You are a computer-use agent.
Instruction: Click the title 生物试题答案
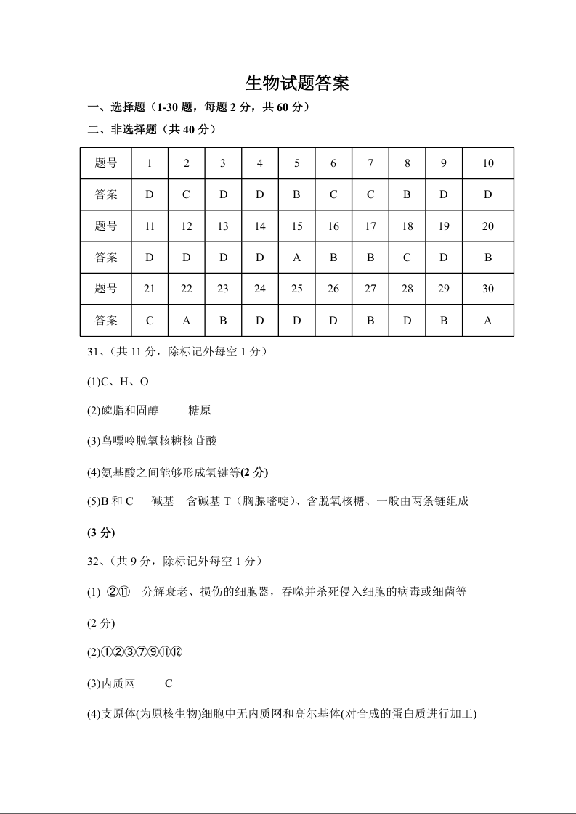298,83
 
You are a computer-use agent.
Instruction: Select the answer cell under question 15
296,258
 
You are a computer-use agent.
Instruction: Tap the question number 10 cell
487,163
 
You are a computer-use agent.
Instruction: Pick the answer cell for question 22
187,321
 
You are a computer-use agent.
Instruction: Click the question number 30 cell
487,289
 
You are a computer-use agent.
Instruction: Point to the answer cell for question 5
296,194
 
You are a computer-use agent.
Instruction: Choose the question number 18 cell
407,226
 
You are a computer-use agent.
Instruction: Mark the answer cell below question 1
150,194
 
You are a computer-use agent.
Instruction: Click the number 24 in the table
259,289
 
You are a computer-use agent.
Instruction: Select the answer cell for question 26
333,321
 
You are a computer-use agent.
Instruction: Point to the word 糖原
200,411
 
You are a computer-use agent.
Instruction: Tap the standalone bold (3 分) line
101,533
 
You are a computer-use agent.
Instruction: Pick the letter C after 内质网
169,683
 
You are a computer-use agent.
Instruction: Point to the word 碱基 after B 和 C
163,501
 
